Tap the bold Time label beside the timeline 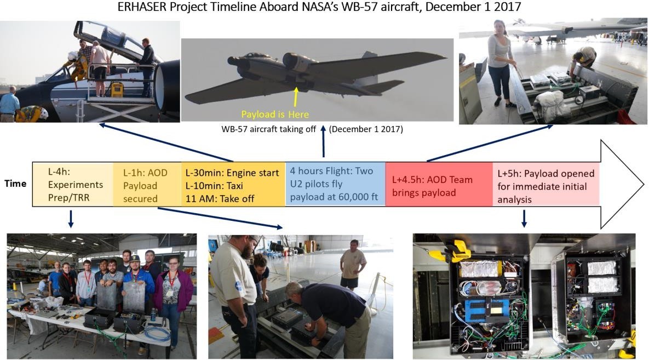click(x=15, y=184)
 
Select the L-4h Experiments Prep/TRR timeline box click(x=73, y=184)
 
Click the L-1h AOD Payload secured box click(x=147, y=184)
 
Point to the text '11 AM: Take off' click(x=220, y=199)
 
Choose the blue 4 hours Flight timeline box click(x=335, y=184)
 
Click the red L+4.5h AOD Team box click(x=439, y=184)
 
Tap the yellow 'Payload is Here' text click(x=275, y=115)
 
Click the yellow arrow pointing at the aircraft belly click(x=296, y=98)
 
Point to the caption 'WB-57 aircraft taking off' click(x=268, y=129)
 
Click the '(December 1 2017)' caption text click(x=366, y=129)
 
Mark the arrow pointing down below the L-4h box click(x=71, y=219)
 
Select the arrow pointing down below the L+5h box click(x=524, y=219)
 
